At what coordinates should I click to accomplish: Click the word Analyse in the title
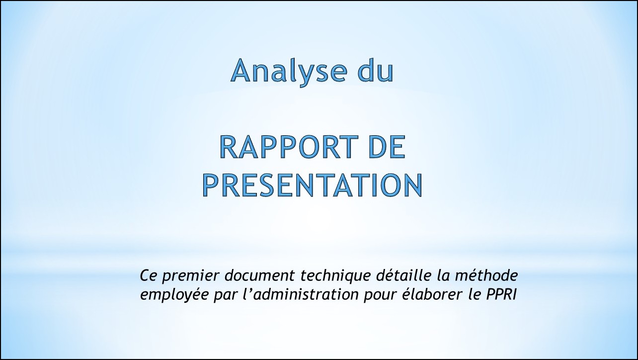coord(289,72)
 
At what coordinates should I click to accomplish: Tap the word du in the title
coord(376,70)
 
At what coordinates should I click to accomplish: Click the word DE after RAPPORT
coord(387,147)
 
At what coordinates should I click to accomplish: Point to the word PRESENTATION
coord(313,185)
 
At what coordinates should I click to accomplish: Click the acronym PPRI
coord(501,295)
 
